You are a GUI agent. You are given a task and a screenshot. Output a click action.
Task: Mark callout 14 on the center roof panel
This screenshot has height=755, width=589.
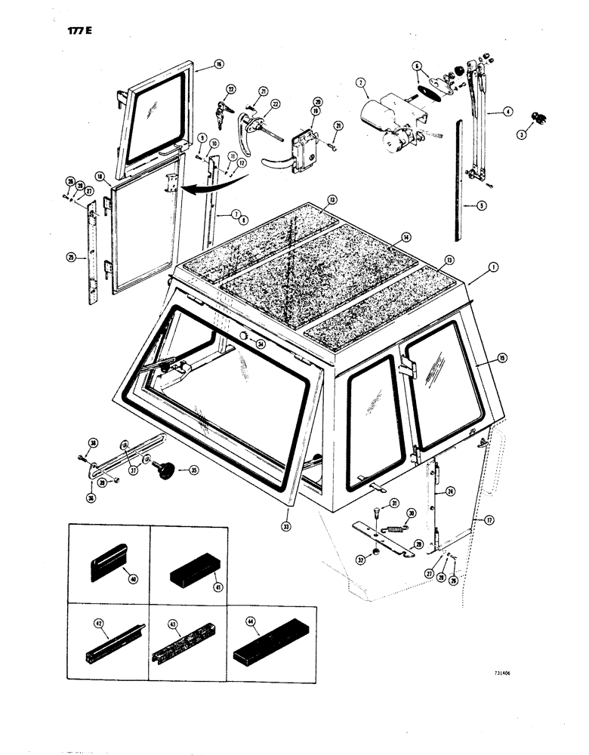click(x=406, y=237)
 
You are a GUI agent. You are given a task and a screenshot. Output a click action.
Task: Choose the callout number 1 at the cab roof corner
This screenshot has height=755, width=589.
click(x=493, y=267)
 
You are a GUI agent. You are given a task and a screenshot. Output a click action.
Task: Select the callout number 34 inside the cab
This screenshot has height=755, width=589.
click(x=261, y=345)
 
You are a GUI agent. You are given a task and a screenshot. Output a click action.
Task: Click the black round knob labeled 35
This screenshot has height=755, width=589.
click(x=164, y=470)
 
